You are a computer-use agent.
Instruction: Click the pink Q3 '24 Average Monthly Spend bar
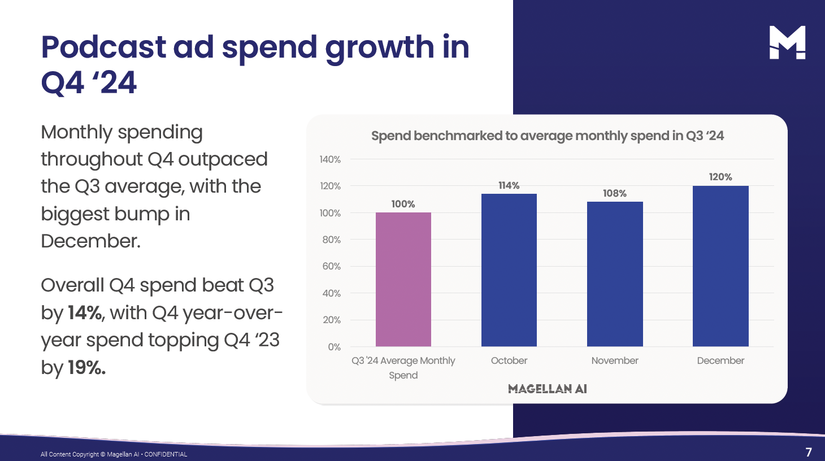pos(403,280)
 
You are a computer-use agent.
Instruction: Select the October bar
pos(509,270)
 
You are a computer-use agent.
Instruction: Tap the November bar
pos(615,274)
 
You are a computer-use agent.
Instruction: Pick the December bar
pos(720,266)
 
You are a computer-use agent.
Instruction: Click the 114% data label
pos(509,185)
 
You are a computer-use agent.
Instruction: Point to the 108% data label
pos(615,193)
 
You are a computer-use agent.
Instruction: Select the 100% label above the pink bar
pos(403,204)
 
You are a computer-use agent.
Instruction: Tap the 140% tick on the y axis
pos(330,159)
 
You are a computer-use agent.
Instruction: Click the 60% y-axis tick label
pos(332,266)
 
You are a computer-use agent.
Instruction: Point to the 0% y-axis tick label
pos(334,347)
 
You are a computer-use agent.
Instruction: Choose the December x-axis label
pos(720,360)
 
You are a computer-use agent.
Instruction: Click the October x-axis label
pos(509,360)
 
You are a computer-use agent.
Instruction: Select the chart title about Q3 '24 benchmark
pos(547,136)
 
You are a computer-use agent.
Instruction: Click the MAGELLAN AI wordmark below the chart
pos(547,389)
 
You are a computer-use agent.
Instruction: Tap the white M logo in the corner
pos(787,42)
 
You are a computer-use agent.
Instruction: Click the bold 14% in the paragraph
pos(85,312)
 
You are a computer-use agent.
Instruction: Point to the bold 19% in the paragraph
pos(86,367)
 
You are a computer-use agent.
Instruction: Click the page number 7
pos(809,452)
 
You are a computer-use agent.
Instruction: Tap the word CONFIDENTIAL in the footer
pos(166,454)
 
